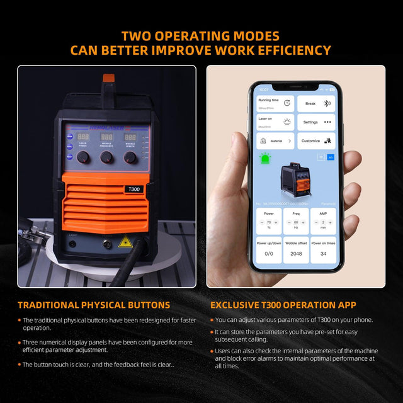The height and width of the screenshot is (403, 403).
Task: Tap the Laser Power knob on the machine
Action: (x=83, y=157)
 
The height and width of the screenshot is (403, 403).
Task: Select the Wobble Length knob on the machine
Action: (x=130, y=157)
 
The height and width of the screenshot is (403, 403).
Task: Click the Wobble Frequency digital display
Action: (x=107, y=137)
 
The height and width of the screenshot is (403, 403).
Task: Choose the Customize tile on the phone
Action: (x=316, y=141)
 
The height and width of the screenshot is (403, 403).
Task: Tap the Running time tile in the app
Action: (x=275, y=103)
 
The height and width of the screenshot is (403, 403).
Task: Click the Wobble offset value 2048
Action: (x=296, y=253)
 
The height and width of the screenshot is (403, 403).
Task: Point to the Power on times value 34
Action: (x=323, y=253)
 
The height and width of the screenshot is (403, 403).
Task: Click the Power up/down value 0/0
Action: (x=269, y=253)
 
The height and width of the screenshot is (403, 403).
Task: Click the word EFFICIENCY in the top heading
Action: (x=283, y=50)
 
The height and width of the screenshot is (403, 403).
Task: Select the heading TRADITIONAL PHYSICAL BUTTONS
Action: (x=94, y=305)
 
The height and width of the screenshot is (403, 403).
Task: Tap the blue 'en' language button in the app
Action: (x=330, y=157)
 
